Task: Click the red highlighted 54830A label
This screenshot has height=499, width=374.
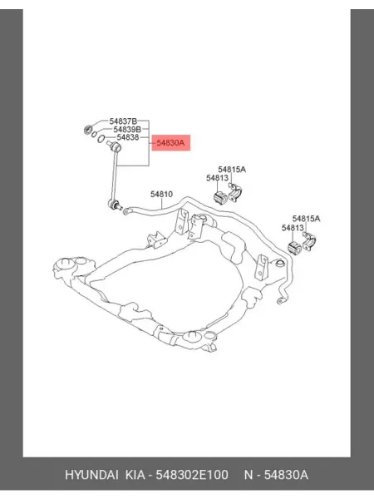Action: (170, 143)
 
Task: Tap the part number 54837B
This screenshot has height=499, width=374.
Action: (123, 121)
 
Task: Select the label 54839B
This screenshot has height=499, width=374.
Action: (127, 129)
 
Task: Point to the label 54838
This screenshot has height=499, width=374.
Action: (128, 137)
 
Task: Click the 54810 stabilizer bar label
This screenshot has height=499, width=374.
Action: (161, 194)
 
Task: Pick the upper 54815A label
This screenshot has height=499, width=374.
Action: (232, 170)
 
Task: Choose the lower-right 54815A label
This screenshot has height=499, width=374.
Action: (306, 219)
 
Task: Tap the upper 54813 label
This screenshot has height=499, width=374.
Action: (217, 178)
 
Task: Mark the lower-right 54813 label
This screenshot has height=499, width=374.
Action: (293, 228)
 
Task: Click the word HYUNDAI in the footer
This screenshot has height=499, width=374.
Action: (92, 475)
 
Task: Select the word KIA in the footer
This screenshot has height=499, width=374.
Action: (135, 475)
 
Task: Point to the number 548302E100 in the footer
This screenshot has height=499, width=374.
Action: (192, 475)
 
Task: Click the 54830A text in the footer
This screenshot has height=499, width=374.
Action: (286, 475)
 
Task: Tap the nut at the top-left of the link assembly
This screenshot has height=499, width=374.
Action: (87, 130)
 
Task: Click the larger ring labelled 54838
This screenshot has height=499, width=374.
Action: (101, 138)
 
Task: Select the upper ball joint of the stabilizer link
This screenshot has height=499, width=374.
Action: (116, 147)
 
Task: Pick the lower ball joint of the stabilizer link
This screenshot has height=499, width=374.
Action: (114, 204)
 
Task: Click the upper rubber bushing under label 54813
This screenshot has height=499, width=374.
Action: (220, 198)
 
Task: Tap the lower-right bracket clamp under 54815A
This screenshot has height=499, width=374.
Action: (308, 241)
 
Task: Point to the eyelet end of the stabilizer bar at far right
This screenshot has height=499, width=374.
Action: (280, 300)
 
